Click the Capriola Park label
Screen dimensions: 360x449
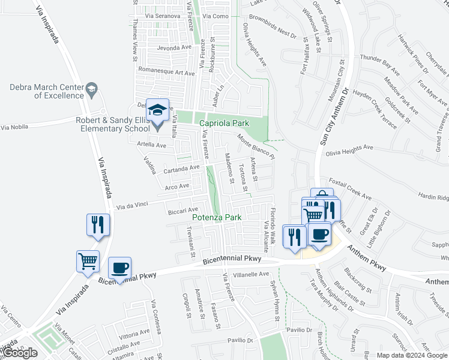click(224, 123)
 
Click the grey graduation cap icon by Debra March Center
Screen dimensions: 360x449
click(91, 91)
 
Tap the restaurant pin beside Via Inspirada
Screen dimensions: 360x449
click(97, 225)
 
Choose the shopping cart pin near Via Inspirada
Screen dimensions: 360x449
click(88, 262)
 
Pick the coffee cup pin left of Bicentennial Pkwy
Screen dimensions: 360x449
click(119, 268)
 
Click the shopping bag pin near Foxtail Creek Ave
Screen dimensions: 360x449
click(322, 197)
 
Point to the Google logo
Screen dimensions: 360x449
click(20, 353)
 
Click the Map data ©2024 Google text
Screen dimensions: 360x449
click(412, 355)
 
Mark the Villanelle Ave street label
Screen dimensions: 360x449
click(252, 274)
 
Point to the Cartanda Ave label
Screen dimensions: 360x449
click(181, 170)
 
